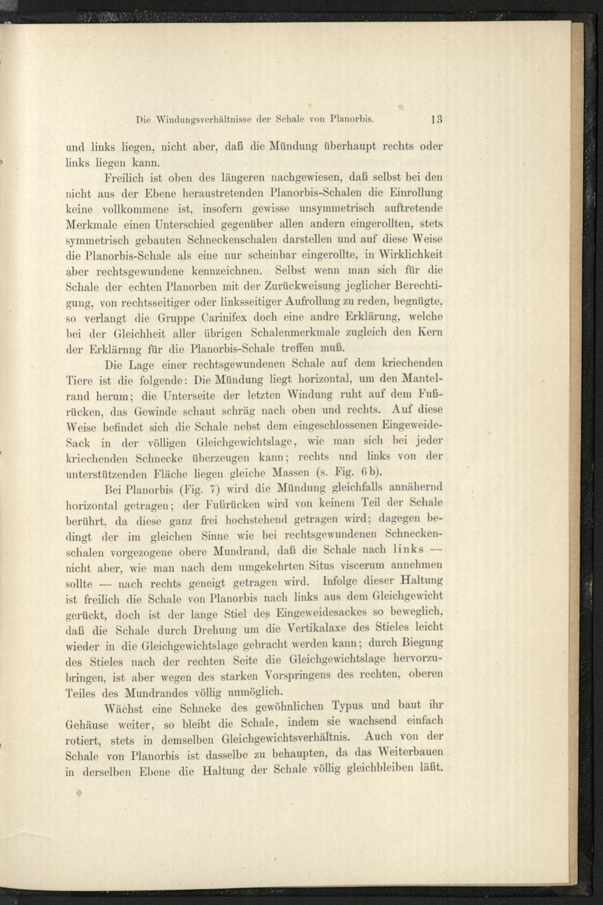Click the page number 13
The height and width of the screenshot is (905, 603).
[437, 119]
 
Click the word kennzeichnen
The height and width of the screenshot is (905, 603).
[224, 271]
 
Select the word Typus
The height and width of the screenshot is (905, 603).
[350, 706]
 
